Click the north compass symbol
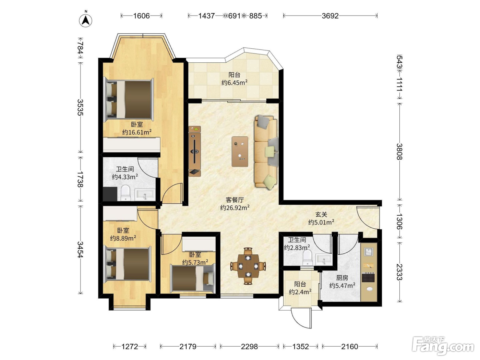point(85,20)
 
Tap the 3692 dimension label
point(330,16)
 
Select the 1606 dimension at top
point(142,16)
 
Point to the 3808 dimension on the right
point(399,152)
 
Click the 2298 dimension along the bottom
point(249,346)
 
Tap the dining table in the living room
point(248,266)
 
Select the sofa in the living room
point(266,152)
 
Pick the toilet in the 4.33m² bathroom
point(125,193)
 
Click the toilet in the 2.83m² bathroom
point(307,257)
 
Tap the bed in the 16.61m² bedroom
point(129,100)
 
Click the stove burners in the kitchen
point(369,277)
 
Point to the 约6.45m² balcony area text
point(235,83)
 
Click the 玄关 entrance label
point(321,214)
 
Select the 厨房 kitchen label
point(342,278)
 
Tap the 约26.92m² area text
point(235,207)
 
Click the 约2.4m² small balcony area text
point(300,292)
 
